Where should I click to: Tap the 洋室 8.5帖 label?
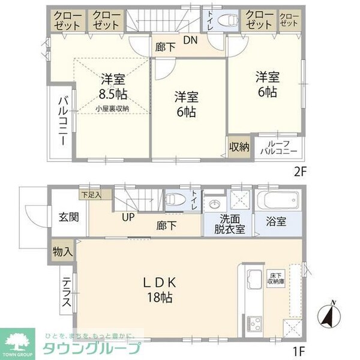[113, 86]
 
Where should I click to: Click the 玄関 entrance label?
[66, 217]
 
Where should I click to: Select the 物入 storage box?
[62, 251]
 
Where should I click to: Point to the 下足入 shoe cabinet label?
[91, 194]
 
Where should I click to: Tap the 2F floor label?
[300, 170]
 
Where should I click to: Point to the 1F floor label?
[301, 347]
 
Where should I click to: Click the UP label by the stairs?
[128, 217]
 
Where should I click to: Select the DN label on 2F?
[190, 40]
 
